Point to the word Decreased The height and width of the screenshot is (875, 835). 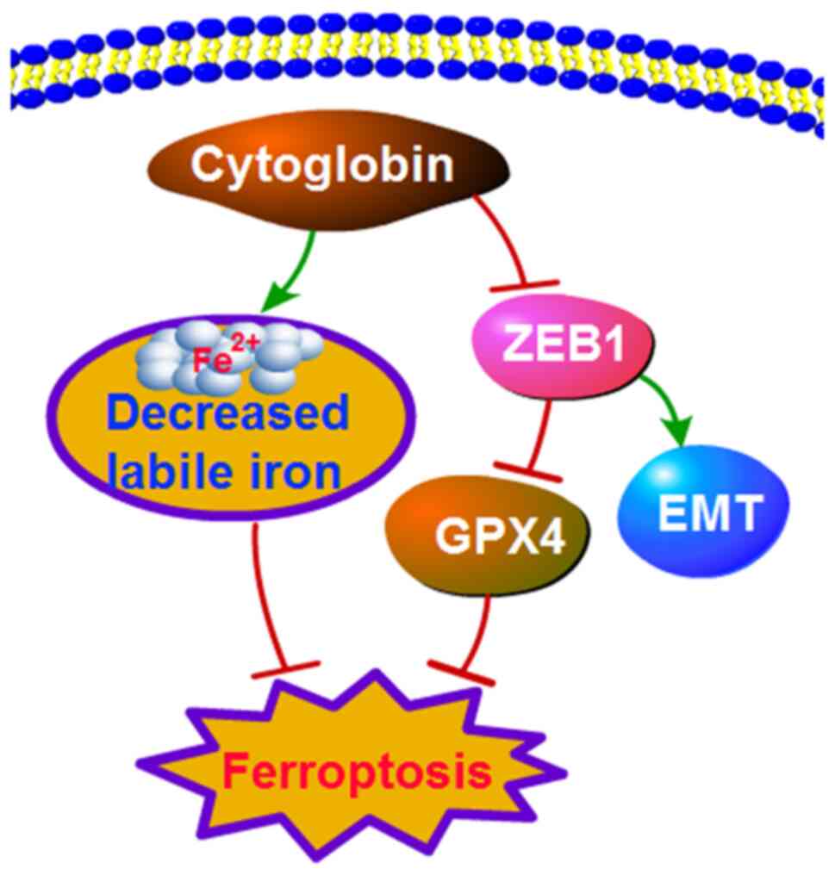[x=230, y=416]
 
